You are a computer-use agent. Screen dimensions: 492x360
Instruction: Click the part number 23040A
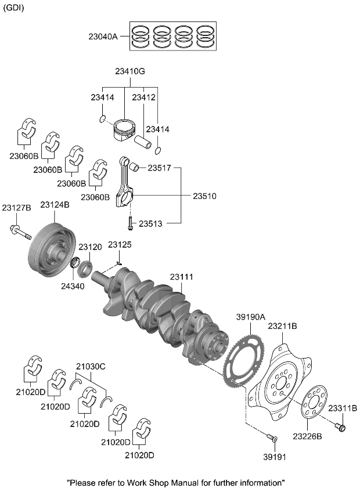tap(103, 37)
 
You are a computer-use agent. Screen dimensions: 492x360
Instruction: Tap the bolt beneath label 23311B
tap(341, 428)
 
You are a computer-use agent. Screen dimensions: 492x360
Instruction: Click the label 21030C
tap(91, 366)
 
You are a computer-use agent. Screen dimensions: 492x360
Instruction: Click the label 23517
tap(159, 168)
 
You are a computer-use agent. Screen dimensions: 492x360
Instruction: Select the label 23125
tap(120, 245)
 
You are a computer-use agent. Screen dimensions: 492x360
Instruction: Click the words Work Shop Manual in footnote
tap(153, 482)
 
